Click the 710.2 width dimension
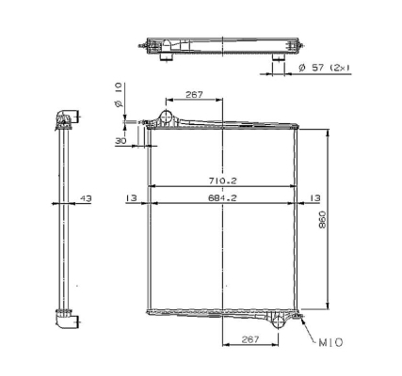coord(222,180)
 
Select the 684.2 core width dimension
coord(222,198)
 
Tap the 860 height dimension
coord(322,220)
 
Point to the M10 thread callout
coord(330,342)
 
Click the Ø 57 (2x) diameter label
coord(324,68)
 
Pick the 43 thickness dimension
coord(86,198)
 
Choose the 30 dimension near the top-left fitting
coord(121,141)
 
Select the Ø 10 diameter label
coord(119,95)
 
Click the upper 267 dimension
coord(194,94)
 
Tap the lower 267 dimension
coord(250,339)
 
